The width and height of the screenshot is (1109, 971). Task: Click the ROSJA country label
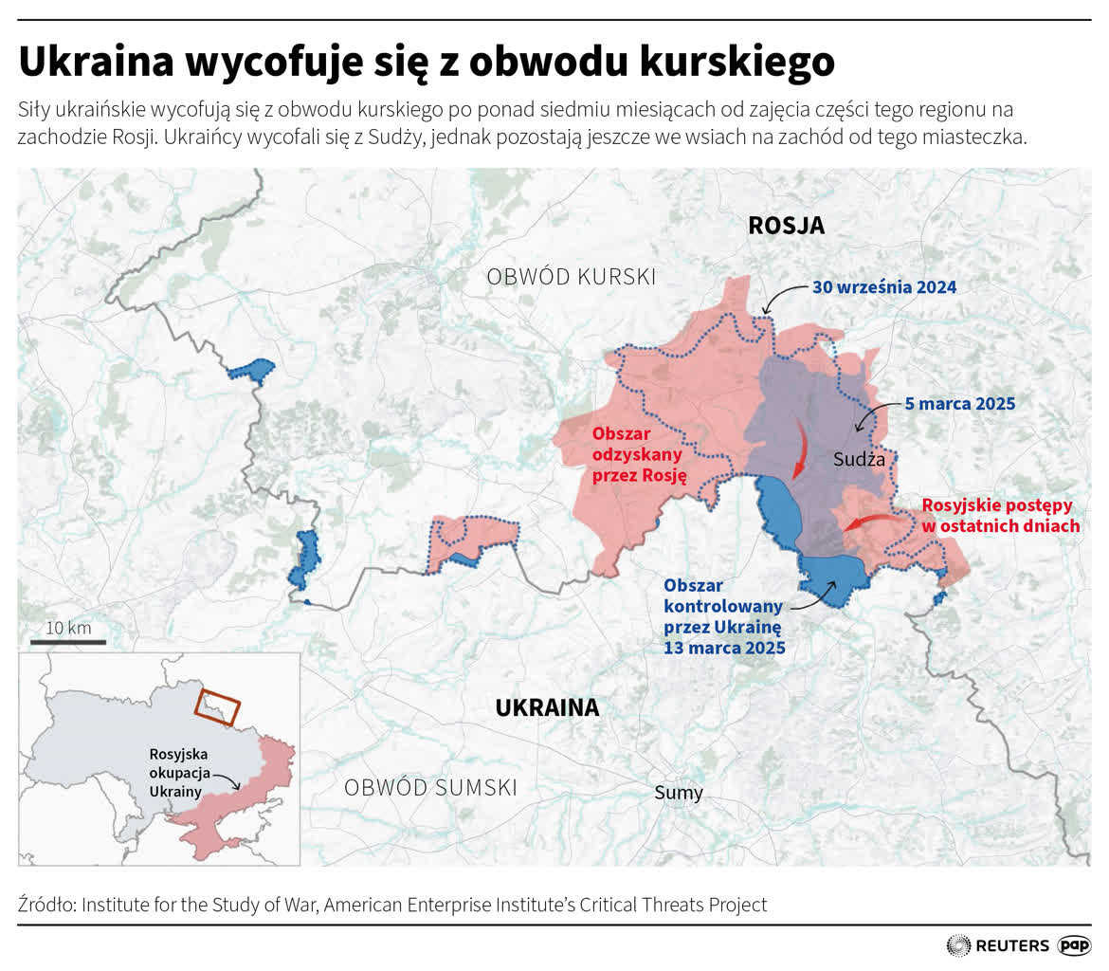pos(786,226)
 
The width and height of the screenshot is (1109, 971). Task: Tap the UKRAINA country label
pos(547,707)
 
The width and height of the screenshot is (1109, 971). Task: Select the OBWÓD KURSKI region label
pos(571,277)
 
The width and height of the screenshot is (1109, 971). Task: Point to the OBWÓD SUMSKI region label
pos(430,787)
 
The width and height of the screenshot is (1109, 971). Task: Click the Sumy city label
pos(679,793)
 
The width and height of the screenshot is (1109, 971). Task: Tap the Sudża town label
pos(859,460)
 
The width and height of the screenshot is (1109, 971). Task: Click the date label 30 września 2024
pos(883,287)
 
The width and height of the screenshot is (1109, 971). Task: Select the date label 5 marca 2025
pos(959,404)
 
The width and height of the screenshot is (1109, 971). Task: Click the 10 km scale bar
pos(67,641)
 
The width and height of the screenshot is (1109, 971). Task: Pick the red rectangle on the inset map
pos(218,705)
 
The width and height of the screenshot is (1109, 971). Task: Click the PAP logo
pos(1074,945)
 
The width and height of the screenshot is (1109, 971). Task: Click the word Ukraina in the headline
pos(94,64)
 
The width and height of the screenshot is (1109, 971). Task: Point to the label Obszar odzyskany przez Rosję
pos(638,454)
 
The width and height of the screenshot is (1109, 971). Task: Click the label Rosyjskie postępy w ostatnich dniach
pos(1000,516)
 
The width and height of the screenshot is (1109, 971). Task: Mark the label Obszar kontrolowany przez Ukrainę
pos(723,615)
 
